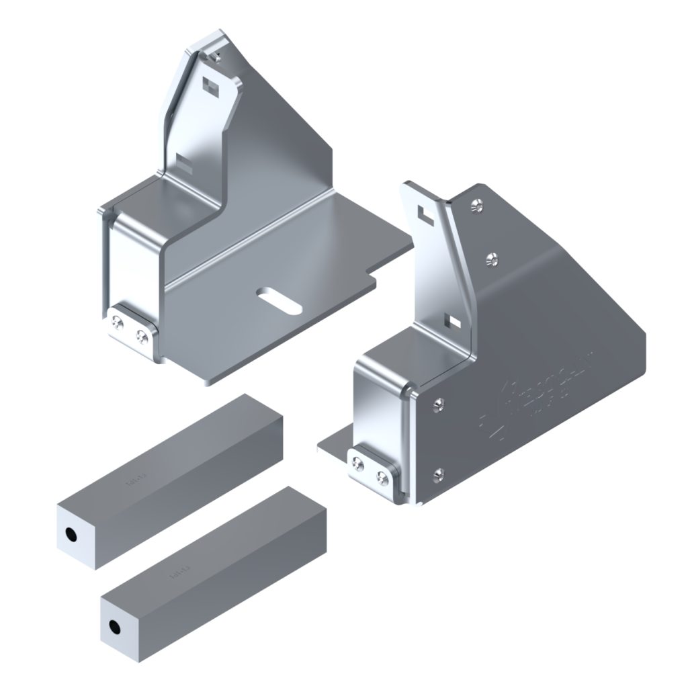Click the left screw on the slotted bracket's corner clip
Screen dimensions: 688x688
pos(118,325)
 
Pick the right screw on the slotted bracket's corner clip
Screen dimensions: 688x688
pos(142,337)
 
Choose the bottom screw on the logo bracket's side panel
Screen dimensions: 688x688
pos(439,476)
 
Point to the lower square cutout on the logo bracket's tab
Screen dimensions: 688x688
pos(455,321)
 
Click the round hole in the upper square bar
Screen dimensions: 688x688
pos(70,534)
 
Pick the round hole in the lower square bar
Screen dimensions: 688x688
pos(114,628)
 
